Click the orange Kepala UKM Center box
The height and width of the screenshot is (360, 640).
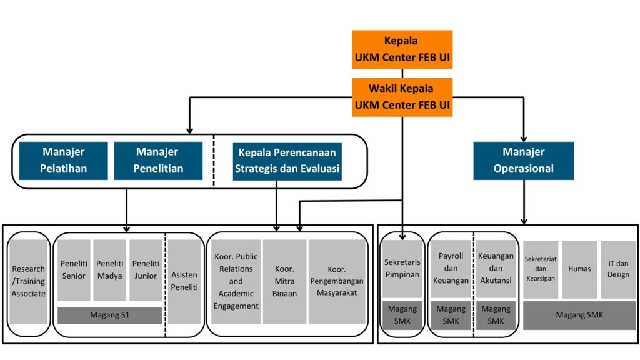click(x=402, y=49)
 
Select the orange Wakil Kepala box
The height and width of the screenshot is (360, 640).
click(x=402, y=97)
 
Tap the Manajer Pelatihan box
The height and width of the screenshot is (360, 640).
click(x=63, y=161)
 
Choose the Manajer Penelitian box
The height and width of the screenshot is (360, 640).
click(x=157, y=161)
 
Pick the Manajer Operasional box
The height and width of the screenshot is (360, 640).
click(x=523, y=161)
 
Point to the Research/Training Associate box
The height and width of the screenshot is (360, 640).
click(x=29, y=281)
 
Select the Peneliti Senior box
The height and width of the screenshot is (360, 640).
click(x=74, y=270)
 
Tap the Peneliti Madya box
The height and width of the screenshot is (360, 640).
click(x=110, y=270)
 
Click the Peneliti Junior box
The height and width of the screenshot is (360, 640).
click(x=146, y=270)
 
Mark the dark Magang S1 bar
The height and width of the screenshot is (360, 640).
click(x=110, y=316)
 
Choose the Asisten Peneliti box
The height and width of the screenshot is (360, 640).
click(x=184, y=281)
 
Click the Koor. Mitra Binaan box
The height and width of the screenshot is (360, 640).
click(x=284, y=281)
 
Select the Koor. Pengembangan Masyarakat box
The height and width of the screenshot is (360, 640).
click(x=337, y=281)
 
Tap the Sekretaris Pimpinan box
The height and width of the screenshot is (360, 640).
click(x=402, y=269)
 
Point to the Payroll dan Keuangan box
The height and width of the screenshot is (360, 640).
click(x=451, y=269)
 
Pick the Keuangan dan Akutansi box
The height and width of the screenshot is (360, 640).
click(x=496, y=269)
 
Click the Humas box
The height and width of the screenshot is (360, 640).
click(x=579, y=269)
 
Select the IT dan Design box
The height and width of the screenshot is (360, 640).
click(x=618, y=269)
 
